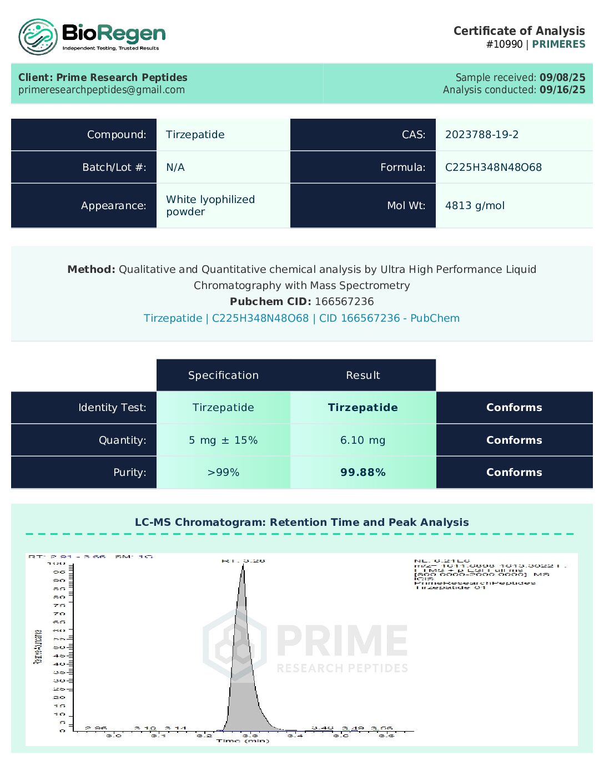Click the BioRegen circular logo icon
pos(38,37)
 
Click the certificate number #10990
pos(504,44)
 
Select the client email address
pos(102,90)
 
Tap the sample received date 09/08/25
pos(562,78)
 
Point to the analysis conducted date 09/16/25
pos(562,90)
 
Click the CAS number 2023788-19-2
pos(482,135)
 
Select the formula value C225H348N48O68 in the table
pos(493,168)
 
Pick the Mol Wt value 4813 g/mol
pos(475,206)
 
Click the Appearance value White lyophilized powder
pos(210,205)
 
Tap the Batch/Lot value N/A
pos(175,168)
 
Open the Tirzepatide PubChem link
pos(301,318)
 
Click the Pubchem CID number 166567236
pos(344,302)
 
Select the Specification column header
pos(223,376)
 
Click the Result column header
pos(363,376)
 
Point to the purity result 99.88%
pos(363,473)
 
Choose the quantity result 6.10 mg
pos(363,440)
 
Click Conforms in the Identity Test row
pos(514,408)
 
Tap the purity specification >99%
pos(223,473)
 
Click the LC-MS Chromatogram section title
pos(301,523)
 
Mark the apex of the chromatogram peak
pos(243,565)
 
